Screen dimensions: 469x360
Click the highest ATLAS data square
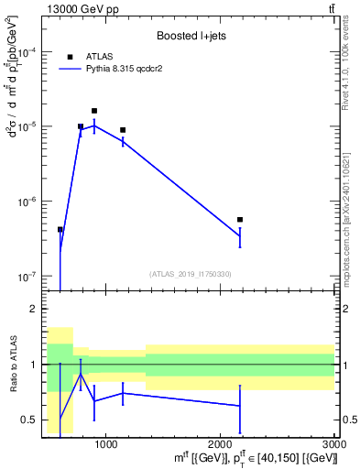pyautogui.click(x=94, y=111)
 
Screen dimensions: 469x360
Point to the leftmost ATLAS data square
pyautogui.click(x=60, y=230)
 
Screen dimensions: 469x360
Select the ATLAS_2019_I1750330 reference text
pyautogui.click(x=191, y=274)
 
